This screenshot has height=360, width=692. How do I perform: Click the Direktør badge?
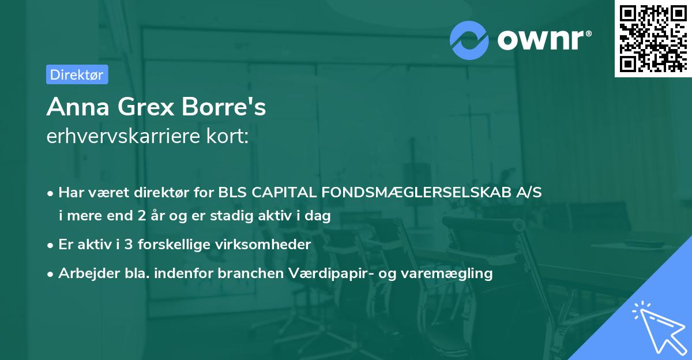[77, 74]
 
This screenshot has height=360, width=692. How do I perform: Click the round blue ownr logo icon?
[469, 40]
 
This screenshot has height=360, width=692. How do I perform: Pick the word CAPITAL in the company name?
[276, 193]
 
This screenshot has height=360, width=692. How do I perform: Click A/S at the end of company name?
[529, 193]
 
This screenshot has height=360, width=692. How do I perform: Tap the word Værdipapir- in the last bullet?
[329, 273]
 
